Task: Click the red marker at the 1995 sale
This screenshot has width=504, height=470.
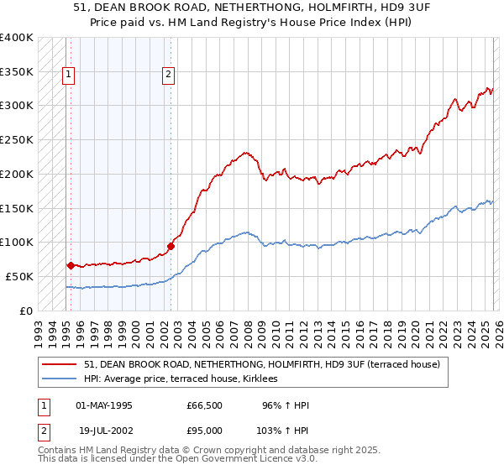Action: click(x=71, y=265)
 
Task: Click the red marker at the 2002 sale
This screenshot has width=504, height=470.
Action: click(x=171, y=246)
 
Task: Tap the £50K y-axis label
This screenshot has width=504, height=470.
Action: click(x=19, y=276)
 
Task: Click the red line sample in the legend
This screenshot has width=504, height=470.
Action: click(x=61, y=364)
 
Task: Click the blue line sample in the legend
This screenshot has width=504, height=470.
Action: click(x=61, y=379)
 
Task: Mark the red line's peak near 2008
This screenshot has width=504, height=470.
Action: click(x=245, y=152)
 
